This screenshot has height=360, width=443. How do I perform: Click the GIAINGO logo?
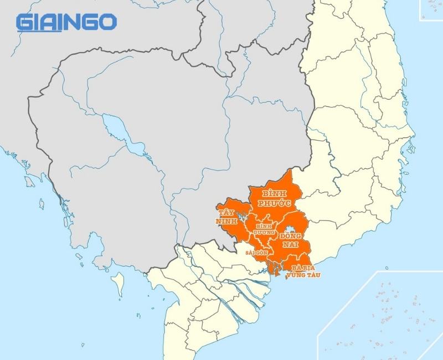pyautogui.click(x=66, y=22)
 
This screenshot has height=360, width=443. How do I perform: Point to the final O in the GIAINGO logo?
pyautogui.click(x=109, y=22)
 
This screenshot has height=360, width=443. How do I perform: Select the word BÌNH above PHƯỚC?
pyautogui.click(x=275, y=193)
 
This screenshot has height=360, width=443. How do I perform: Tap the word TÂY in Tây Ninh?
pyautogui.click(x=225, y=213)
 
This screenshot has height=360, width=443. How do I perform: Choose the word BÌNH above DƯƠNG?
pyautogui.click(x=265, y=226)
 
